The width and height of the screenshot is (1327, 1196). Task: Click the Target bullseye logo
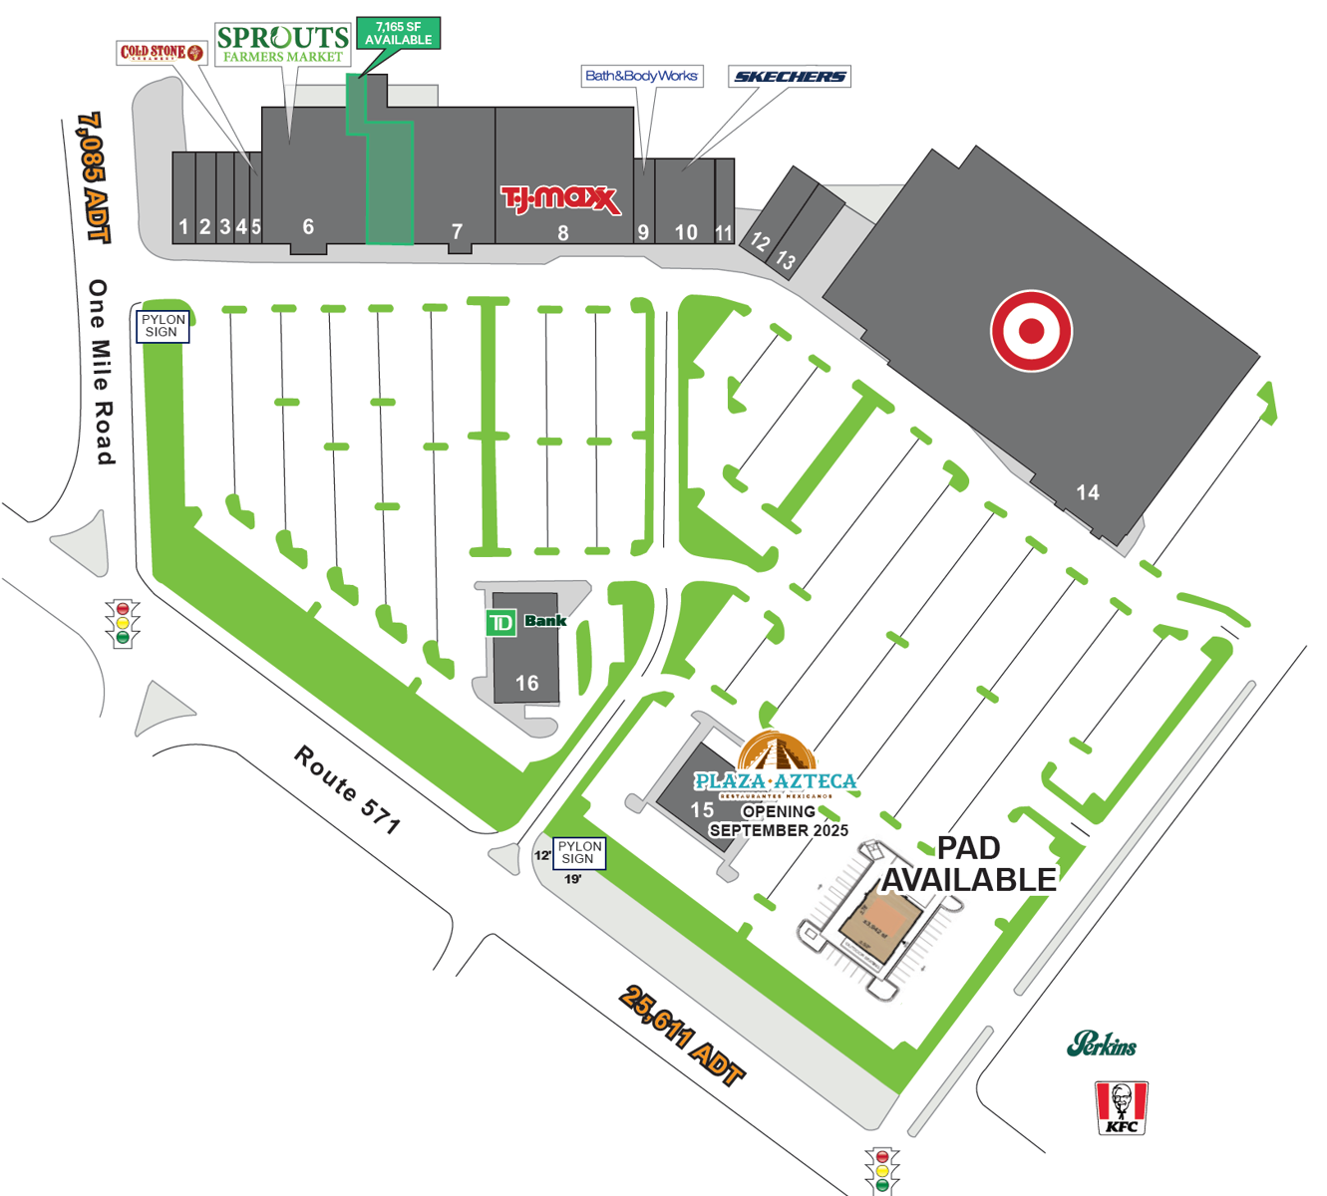click(x=1031, y=331)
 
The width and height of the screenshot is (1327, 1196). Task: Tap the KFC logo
click(x=1122, y=1107)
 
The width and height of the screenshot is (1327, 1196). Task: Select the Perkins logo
click(x=1102, y=1045)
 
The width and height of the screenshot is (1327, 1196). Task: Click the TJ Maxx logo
click(x=559, y=198)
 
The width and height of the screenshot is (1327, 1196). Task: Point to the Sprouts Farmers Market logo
click(x=283, y=44)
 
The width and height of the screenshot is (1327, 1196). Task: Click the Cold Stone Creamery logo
click(x=161, y=52)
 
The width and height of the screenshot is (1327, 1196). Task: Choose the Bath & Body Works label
click(x=641, y=76)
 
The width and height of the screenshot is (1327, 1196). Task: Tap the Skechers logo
click(x=789, y=76)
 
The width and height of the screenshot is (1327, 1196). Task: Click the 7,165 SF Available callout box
click(x=398, y=34)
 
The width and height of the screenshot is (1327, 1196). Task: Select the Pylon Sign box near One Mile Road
click(x=163, y=326)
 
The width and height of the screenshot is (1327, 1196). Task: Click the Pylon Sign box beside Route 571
click(x=579, y=852)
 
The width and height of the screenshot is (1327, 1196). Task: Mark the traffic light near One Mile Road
click(x=123, y=623)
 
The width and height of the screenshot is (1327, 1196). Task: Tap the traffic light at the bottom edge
click(x=882, y=1170)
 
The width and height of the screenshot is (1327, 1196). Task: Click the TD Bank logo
click(x=525, y=622)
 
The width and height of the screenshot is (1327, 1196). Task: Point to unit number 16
click(x=526, y=683)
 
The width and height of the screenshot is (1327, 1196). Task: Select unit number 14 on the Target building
click(x=1087, y=492)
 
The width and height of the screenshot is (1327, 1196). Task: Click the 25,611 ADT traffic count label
click(x=683, y=1036)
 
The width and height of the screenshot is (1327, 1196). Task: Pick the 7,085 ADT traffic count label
click(x=93, y=176)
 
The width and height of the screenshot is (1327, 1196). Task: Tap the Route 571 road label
click(x=347, y=789)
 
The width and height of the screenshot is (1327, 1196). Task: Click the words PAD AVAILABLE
click(x=968, y=864)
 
